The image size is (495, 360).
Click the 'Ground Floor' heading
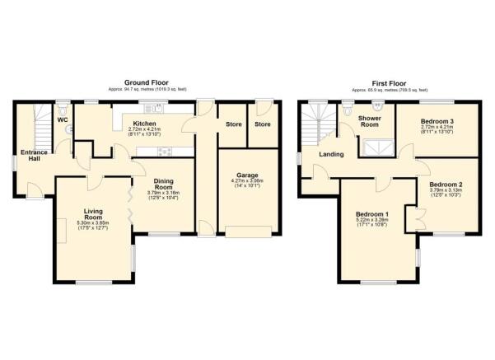coord(147,82)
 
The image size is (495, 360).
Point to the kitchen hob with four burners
coord(164,150)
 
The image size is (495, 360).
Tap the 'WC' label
coord(63,120)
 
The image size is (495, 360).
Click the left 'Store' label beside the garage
coord(233,124)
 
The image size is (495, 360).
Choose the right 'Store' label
coord(262,124)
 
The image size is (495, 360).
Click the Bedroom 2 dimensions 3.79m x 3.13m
coord(446,193)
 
